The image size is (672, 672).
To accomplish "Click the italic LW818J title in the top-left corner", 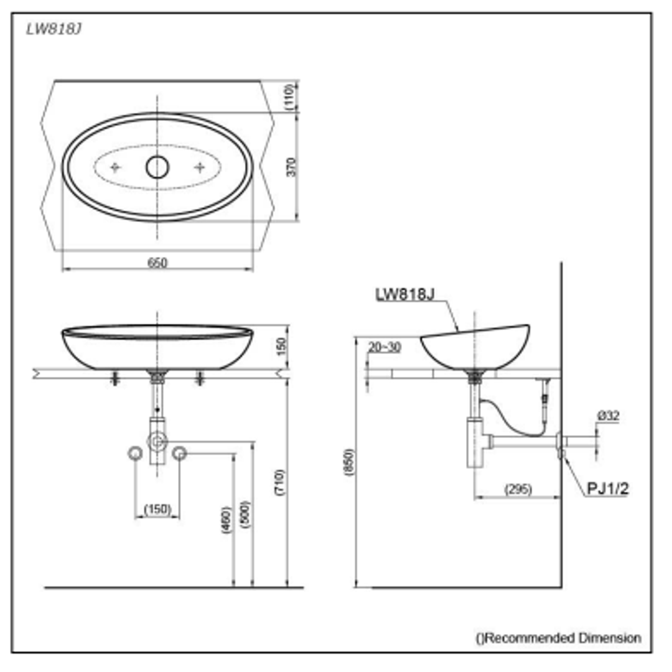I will [x=54, y=29].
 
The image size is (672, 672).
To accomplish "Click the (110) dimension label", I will [x=291, y=97].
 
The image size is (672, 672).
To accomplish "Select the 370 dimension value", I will [x=291, y=167].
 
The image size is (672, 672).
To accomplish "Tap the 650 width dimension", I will [x=157, y=263].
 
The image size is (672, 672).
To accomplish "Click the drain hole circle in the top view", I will [x=157, y=167].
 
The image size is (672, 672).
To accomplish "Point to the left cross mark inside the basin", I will [x=115, y=167].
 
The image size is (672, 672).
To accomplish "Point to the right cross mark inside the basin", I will [x=200, y=167].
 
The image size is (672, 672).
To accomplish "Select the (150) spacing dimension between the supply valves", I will [x=157, y=509].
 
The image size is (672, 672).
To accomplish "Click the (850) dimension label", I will [x=349, y=462].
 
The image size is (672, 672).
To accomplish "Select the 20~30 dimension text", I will [x=384, y=347].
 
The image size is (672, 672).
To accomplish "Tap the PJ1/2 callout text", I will [x=608, y=488].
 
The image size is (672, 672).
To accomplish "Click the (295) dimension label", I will [x=518, y=489].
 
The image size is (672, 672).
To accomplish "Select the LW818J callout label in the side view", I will [x=404, y=295].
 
